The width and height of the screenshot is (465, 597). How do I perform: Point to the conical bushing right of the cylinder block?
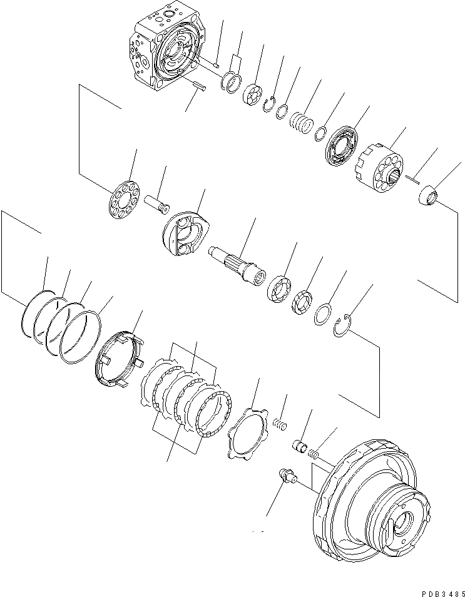click(x=429, y=195)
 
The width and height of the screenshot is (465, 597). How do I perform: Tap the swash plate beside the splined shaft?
click(x=186, y=234)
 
